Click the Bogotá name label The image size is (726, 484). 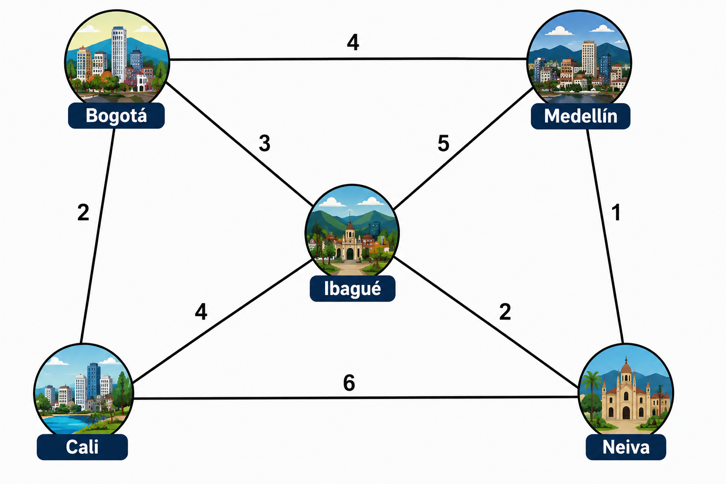click(116, 116)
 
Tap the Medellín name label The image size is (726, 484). click(580, 116)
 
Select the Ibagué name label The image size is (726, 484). click(353, 288)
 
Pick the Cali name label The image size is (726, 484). click(82, 447)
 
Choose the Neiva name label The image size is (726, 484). click(626, 447)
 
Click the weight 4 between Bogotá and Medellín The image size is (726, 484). click(353, 43)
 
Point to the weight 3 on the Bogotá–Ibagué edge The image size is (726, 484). click(265, 143)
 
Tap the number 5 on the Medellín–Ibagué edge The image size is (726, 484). click(443, 143)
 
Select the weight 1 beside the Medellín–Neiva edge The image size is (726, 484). click(616, 212)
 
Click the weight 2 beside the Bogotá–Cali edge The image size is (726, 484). click(83, 213)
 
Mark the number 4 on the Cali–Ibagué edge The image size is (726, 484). click(201, 312)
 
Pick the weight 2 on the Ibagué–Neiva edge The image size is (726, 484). click(505, 312)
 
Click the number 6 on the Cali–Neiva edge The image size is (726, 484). click(349, 382)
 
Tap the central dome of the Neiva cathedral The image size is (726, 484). click(626, 367)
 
